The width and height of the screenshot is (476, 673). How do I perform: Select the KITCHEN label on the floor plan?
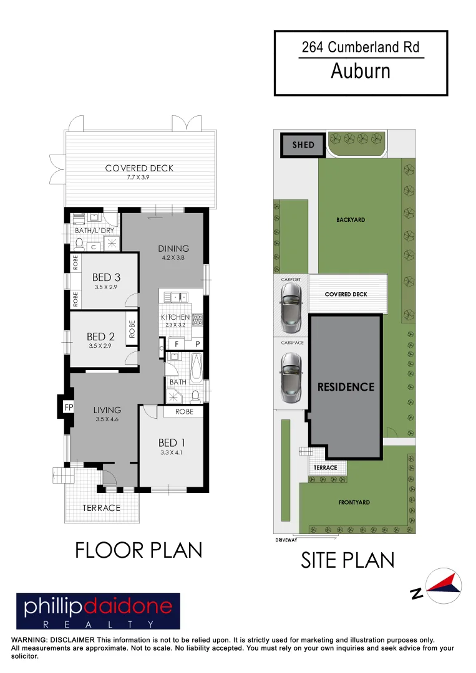pos(175,317)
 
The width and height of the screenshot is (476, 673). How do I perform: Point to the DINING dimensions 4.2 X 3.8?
pos(173,257)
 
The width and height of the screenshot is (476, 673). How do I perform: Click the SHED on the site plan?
pos(303,145)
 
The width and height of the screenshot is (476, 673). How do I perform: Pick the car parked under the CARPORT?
pos(290,309)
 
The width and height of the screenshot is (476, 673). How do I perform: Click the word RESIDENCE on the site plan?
pos(346,387)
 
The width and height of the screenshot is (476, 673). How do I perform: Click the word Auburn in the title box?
pos(361,72)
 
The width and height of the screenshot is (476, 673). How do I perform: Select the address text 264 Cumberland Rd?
pos(361,47)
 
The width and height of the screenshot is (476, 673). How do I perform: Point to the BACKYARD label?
pos(351,220)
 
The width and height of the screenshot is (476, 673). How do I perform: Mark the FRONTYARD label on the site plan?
pos(354,502)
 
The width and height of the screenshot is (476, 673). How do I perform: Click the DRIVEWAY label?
pos(286,540)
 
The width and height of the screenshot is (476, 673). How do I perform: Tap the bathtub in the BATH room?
pos(195,368)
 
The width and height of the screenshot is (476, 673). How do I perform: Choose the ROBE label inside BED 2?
pos(132,328)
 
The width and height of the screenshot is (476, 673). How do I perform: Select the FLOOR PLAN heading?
pos(138,550)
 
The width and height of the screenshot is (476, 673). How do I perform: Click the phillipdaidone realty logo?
pos(98,611)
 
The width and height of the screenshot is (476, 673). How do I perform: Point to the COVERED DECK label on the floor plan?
pos(139,168)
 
